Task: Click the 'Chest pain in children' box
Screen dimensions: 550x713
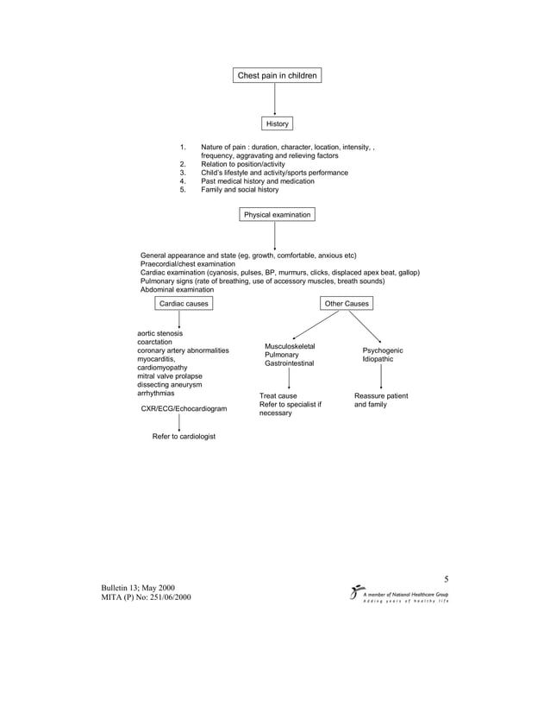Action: coord(277,76)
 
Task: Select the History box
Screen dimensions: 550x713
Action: coord(277,124)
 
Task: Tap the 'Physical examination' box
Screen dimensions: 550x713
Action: coord(277,214)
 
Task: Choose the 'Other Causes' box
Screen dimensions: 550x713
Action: coord(347,304)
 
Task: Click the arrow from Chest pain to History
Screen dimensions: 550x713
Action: coord(276,99)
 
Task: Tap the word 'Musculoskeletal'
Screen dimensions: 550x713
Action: coord(290,346)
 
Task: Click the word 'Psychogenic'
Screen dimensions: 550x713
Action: coord(382,350)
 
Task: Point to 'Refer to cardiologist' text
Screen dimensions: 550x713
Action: coord(184,437)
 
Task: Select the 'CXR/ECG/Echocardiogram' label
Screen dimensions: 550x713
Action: coord(179,408)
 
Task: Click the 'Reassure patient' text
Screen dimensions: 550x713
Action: coord(381,396)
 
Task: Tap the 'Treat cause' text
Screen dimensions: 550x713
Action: coord(278,396)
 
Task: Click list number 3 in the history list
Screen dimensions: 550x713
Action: coord(183,173)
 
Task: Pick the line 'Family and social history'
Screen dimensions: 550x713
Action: coord(240,190)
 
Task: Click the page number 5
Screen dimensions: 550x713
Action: coord(447,580)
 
